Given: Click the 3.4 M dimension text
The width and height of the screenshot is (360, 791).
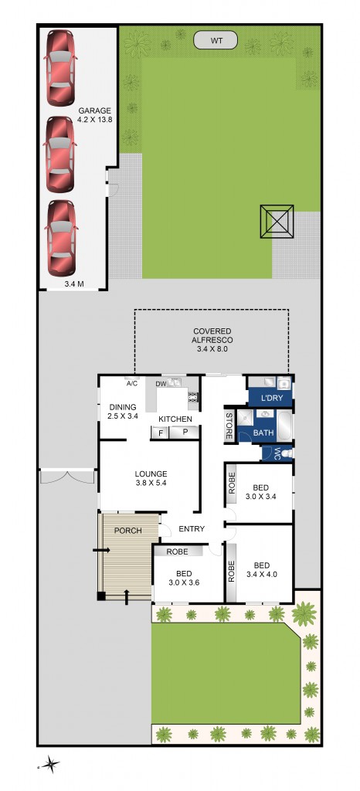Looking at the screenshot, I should (x=74, y=283).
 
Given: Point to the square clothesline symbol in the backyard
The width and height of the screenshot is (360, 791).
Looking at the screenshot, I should (x=277, y=222).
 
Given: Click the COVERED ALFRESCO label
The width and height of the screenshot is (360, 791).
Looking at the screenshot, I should (x=212, y=340).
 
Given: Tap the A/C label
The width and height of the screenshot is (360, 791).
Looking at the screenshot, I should (x=131, y=383).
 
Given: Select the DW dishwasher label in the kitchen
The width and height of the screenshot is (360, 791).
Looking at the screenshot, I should (x=161, y=383).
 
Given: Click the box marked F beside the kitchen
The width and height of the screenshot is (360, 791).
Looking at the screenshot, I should (x=161, y=433).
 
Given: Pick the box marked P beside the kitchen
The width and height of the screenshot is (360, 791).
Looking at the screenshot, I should (x=185, y=433).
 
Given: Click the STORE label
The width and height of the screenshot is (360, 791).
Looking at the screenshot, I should (x=229, y=427).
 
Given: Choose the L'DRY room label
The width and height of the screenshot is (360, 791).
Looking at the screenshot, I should (x=270, y=399).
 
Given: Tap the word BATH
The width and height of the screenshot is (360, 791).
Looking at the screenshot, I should (x=263, y=434).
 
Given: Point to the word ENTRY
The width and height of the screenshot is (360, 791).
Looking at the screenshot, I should (x=192, y=529).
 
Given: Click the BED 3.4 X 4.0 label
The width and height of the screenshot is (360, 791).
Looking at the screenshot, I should (x=261, y=569).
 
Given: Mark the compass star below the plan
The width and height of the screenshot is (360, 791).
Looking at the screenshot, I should (x=50, y=765).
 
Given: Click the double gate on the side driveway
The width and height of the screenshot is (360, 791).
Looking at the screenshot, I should (x=68, y=477).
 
